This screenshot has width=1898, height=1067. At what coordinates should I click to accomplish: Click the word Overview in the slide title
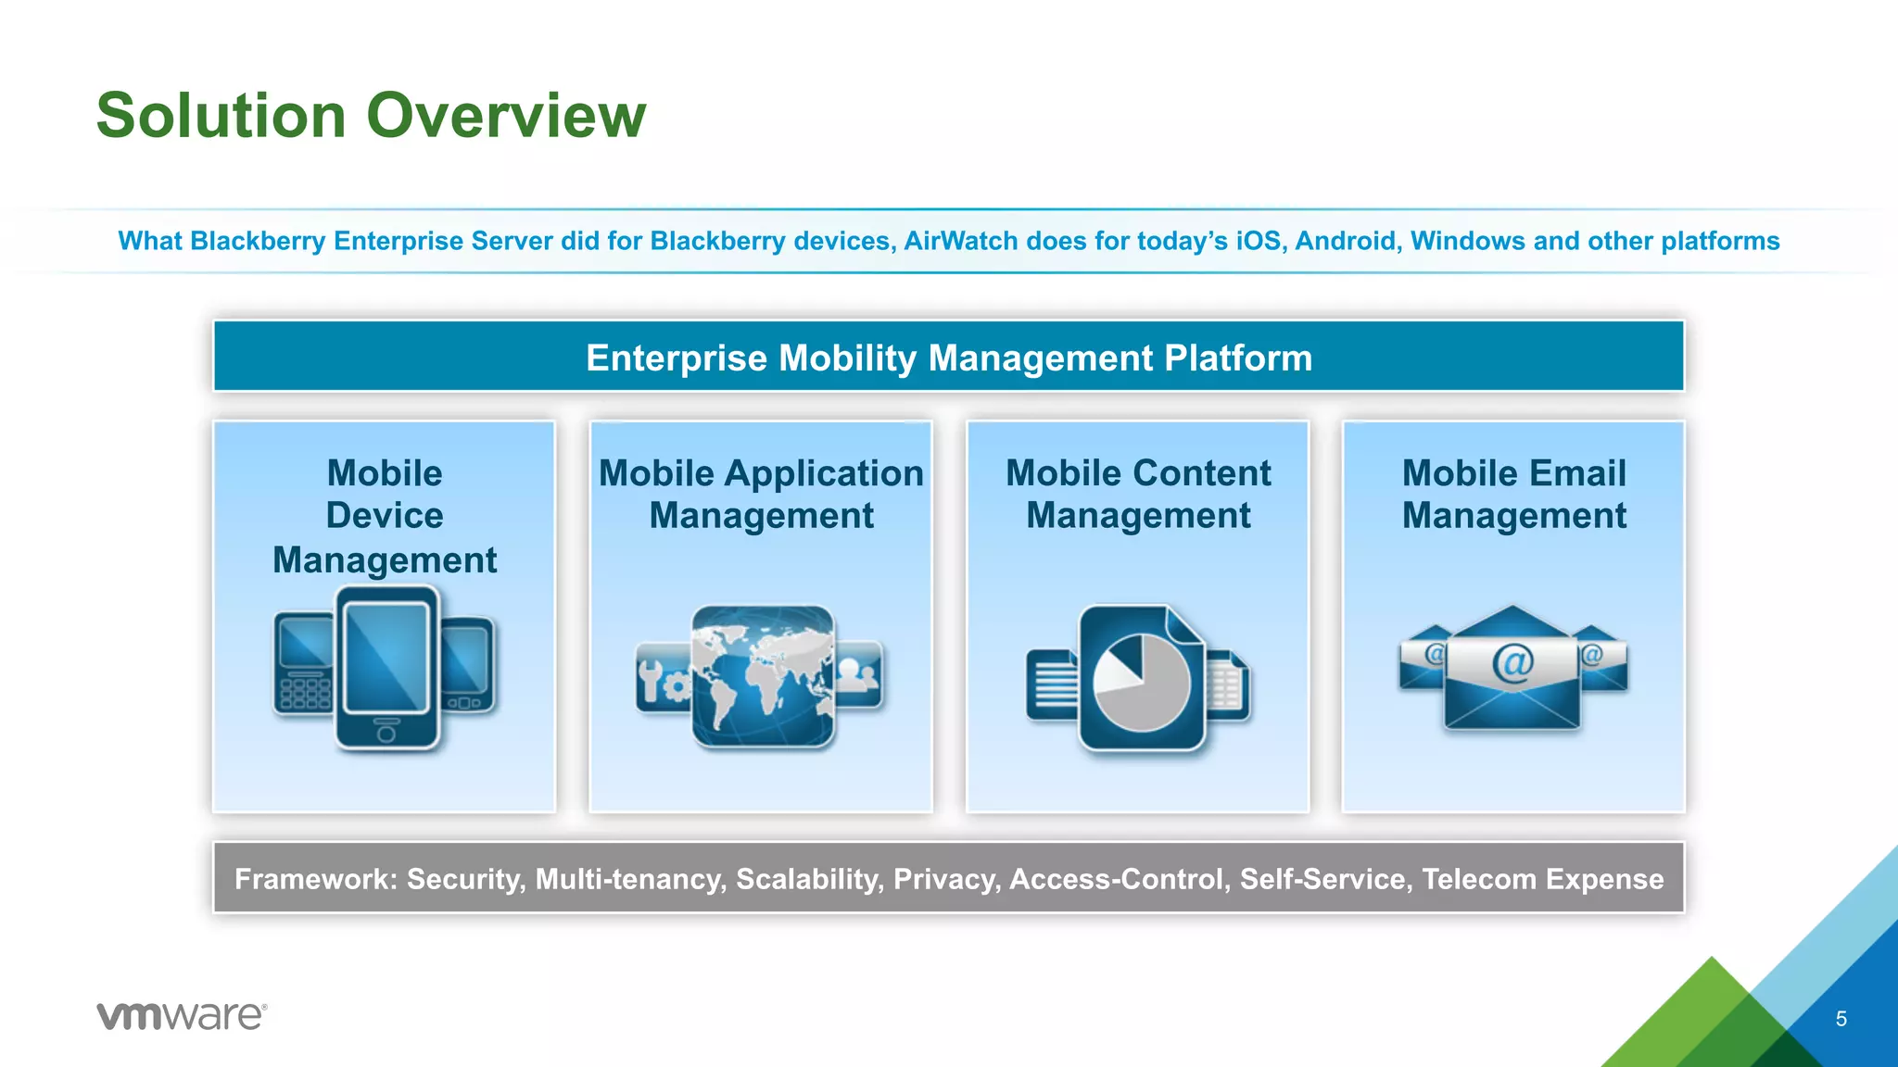point(506,116)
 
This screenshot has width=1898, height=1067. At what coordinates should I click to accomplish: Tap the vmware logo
point(182,1015)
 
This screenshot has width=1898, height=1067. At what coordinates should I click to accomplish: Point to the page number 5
point(1841,1019)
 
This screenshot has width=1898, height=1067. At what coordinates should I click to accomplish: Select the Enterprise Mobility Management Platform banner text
point(949,358)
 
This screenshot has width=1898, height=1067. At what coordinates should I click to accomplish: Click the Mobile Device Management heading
point(385,516)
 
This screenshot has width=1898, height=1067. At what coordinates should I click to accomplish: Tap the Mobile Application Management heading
point(761,494)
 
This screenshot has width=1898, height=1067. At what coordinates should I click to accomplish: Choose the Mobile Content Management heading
point(1138,494)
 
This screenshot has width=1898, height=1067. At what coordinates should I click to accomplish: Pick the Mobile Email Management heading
point(1513,494)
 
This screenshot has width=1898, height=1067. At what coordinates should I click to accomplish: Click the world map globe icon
point(763,676)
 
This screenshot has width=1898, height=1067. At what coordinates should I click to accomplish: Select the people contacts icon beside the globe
point(859,673)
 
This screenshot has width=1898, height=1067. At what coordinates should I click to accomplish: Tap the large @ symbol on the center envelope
point(1512,663)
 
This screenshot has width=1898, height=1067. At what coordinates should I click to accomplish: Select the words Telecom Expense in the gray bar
point(1542,878)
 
